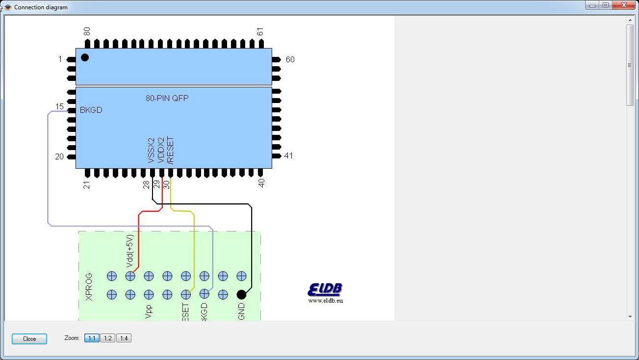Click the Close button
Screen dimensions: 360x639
click(x=29, y=338)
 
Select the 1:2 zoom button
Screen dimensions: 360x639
click(x=108, y=338)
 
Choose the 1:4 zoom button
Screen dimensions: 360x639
click(x=124, y=338)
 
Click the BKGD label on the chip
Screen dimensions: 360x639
click(x=91, y=110)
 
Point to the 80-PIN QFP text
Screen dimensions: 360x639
click(x=167, y=98)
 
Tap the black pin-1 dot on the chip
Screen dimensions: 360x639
click(x=85, y=57)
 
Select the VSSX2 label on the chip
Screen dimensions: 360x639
click(x=152, y=151)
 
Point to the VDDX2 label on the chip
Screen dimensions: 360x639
click(x=161, y=151)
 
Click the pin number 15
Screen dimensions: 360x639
click(x=59, y=107)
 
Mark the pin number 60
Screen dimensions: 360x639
click(x=290, y=59)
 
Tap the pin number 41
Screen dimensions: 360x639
click(x=289, y=156)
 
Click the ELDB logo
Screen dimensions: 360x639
click(x=325, y=289)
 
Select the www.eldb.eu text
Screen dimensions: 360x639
click(x=326, y=301)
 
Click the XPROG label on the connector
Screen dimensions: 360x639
click(x=89, y=286)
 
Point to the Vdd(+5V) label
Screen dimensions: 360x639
click(x=130, y=251)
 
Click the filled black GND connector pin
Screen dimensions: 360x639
click(x=241, y=294)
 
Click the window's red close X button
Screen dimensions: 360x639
click(x=624, y=5)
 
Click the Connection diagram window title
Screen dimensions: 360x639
click(x=41, y=7)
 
